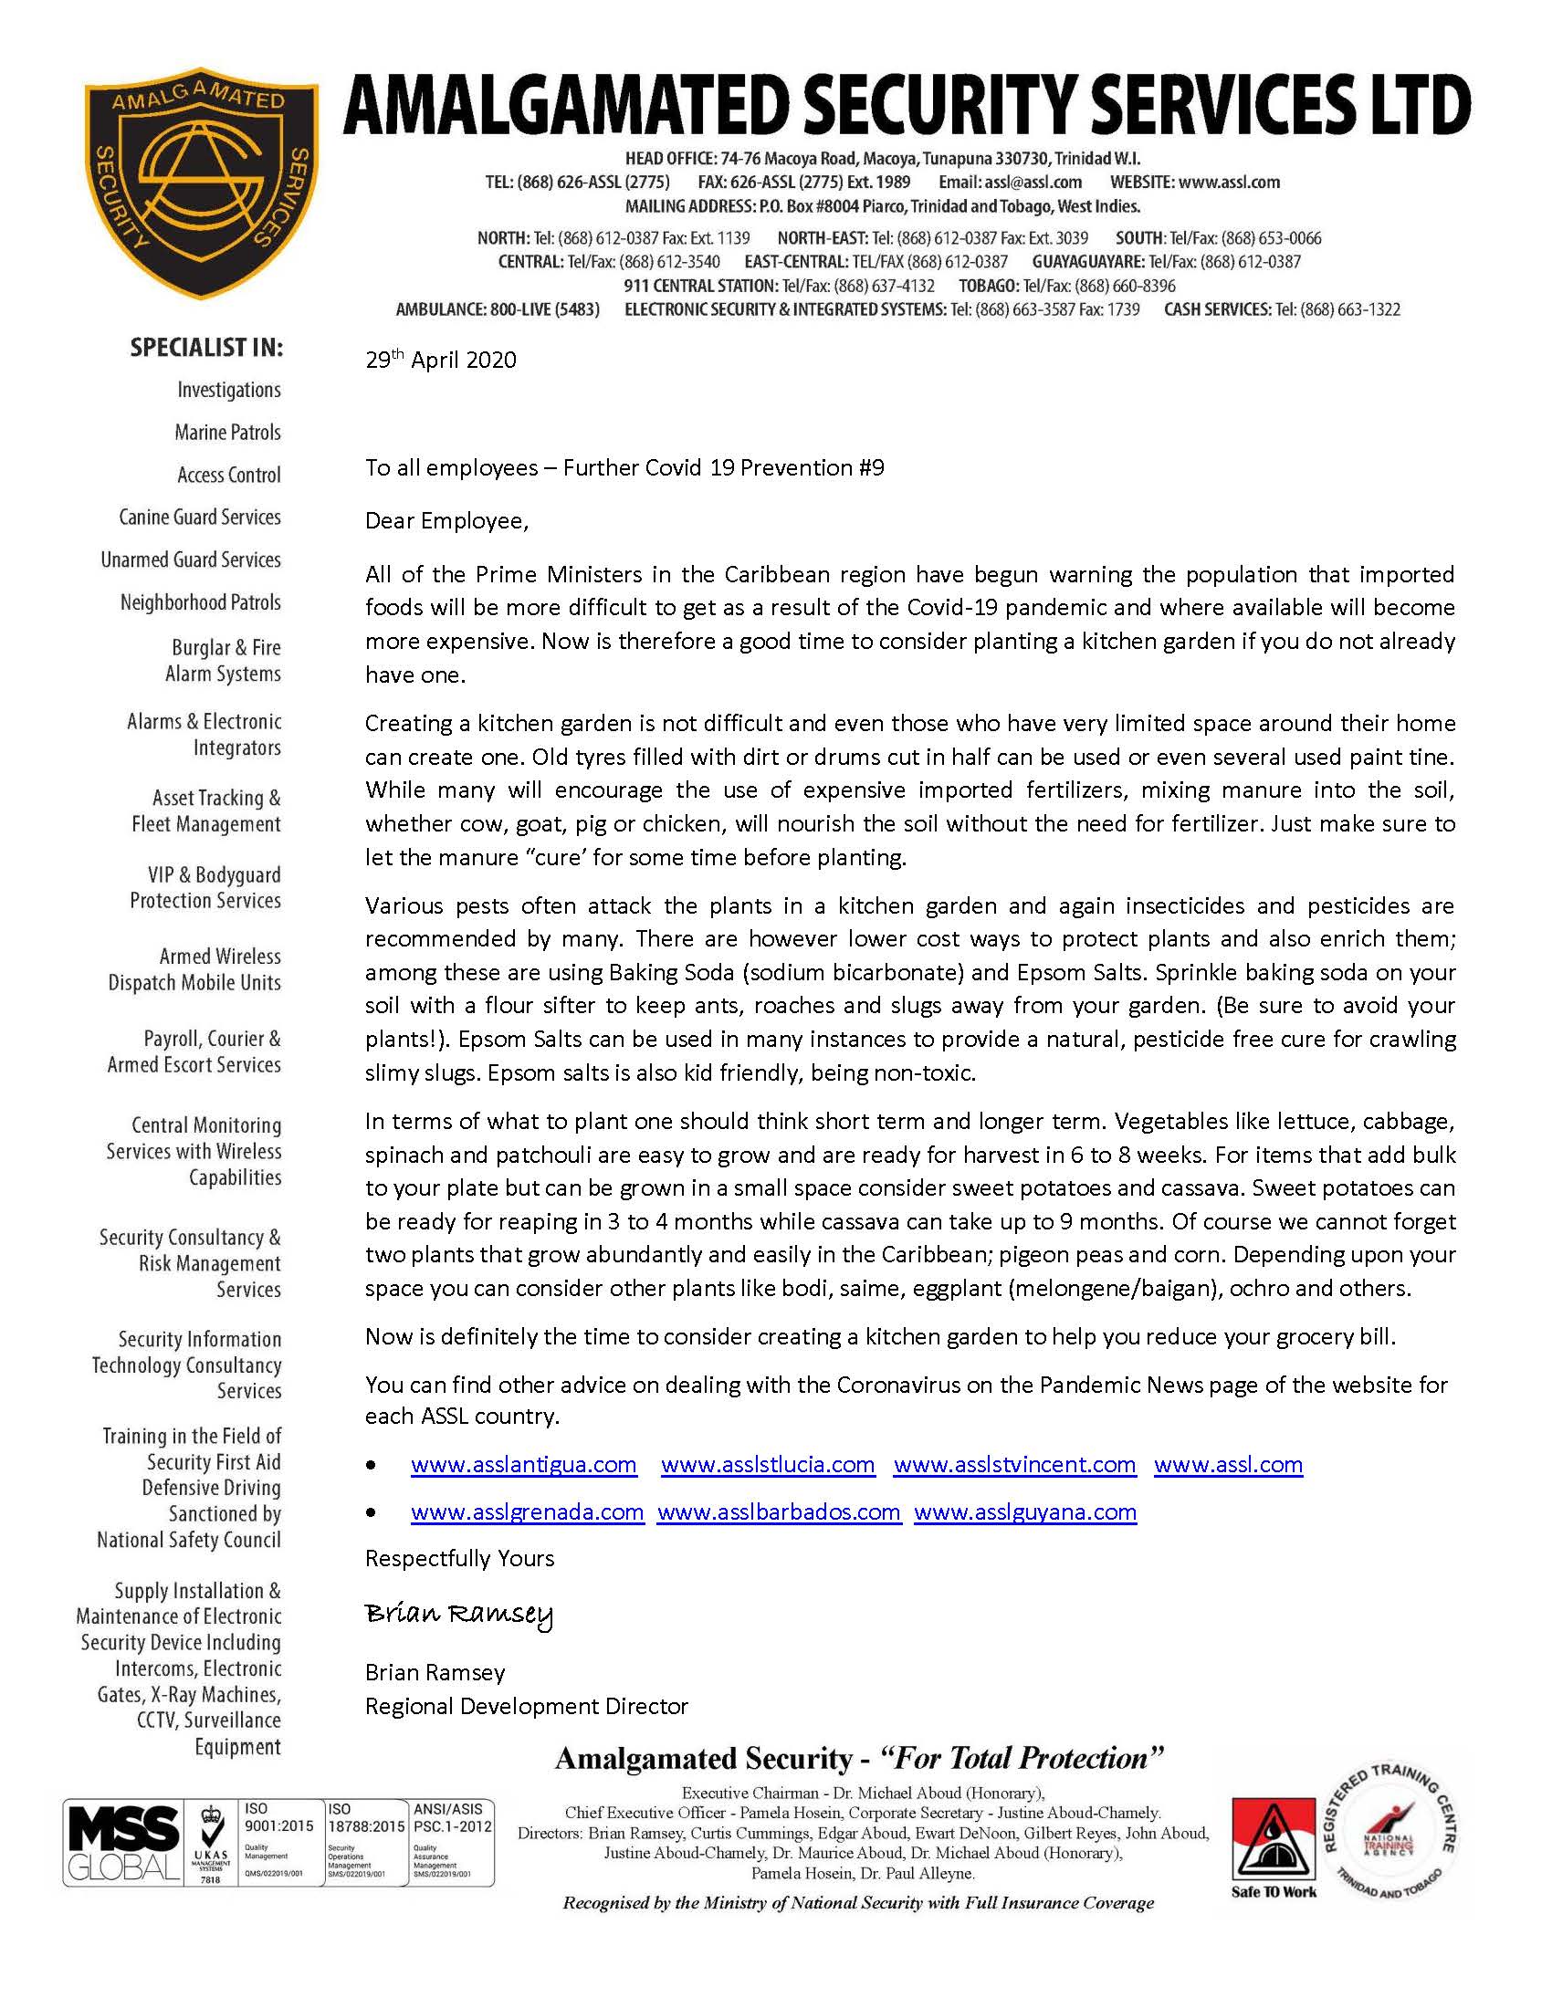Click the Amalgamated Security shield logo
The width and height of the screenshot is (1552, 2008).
click(201, 182)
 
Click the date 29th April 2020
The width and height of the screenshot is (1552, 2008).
click(440, 360)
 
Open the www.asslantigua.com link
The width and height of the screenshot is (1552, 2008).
click(523, 1465)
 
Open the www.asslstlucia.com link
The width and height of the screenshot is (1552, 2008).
click(768, 1465)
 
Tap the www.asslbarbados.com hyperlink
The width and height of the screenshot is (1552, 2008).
click(779, 1512)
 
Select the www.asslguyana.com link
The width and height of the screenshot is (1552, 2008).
click(1025, 1512)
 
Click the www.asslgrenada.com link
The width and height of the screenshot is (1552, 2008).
click(527, 1512)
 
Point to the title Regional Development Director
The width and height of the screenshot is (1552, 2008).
click(526, 1707)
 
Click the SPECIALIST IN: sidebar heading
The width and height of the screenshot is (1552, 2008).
click(207, 348)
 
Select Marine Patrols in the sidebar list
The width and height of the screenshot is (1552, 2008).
click(228, 432)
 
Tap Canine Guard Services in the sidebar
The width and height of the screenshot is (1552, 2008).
click(200, 517)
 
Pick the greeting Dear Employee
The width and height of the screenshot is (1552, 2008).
click(446, 521)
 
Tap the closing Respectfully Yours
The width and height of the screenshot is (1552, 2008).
click(460, 1558)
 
